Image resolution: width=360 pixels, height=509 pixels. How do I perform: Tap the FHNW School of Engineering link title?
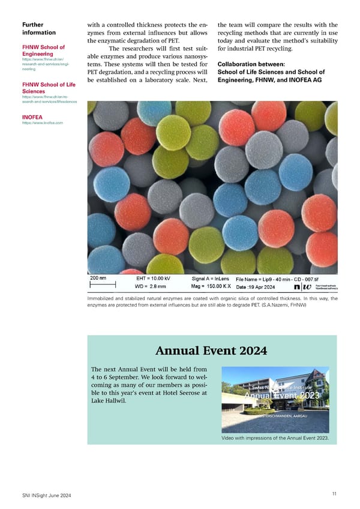43,50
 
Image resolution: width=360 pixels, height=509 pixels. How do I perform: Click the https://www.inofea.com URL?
42,123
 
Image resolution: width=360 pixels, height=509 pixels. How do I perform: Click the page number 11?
334,493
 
